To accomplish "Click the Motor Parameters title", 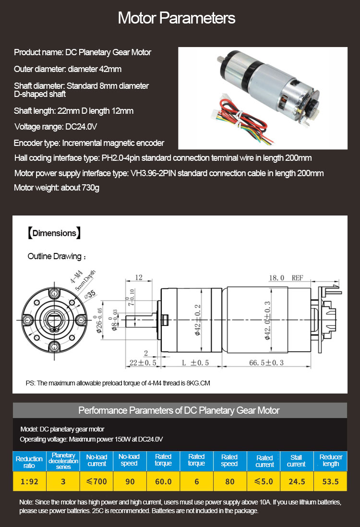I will tap(177, 18).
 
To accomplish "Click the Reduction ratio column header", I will tap(29, 462).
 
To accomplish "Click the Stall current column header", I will tap(296, 461).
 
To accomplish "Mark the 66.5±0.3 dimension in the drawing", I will tap(267, 362).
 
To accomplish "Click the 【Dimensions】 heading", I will tap(54, 233).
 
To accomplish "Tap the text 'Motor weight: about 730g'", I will tap(57, 188).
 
